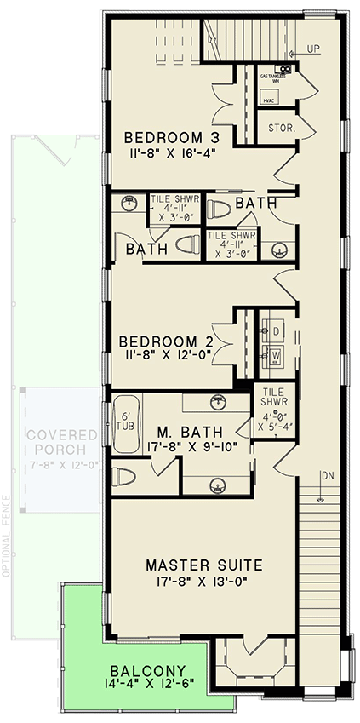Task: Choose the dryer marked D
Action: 277,330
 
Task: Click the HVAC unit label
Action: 268,101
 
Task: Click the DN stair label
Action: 326,476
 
